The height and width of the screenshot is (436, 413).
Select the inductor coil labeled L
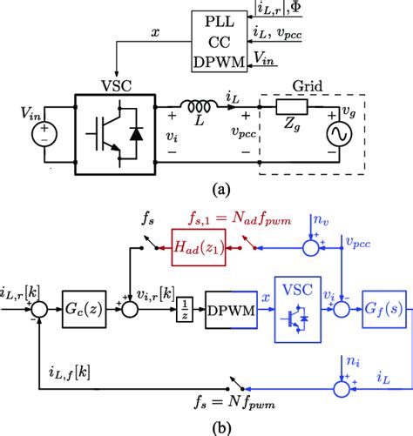(x=199, y=106)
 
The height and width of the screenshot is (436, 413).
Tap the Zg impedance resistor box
(x=292, y=107)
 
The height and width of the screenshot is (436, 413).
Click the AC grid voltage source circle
(x=339, y=134)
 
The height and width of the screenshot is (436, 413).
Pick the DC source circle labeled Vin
(x=44, y=134)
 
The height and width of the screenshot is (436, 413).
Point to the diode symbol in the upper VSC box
(x=136, y=134)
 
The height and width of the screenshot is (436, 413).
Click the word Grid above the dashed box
(x=308, y=86)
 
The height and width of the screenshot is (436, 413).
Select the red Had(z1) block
(x=199, y=247)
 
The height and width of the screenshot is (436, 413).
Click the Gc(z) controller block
(x=84, y=309)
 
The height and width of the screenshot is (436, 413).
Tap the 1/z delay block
(x=185, y=309)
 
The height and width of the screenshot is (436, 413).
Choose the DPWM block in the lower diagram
(x=231, y=310)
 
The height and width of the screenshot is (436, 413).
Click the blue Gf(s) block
(x=384, y=309)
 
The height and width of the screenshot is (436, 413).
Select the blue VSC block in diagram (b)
(x=298, y=310)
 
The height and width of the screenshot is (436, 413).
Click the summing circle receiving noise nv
(x=311, y=248)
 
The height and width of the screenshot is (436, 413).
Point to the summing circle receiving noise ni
(x=342, y=389)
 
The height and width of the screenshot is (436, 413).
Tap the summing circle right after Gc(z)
(x=130, y=309)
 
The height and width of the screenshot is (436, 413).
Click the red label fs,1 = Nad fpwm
(x=240, y=219)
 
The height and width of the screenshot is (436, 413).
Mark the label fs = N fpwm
(x=234, y=403)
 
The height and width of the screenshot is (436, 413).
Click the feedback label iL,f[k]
(x=70, y=372)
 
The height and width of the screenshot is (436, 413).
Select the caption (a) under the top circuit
(x=221, y=190)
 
